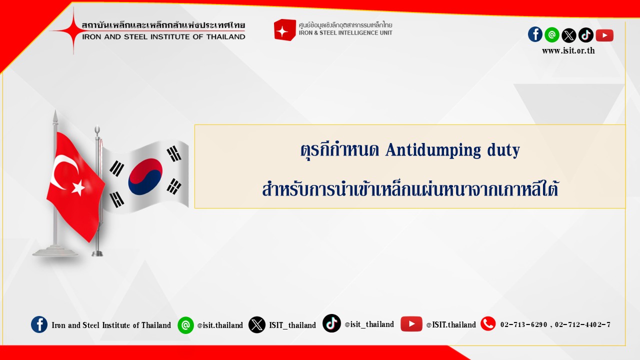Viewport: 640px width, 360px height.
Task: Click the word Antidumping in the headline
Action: click(x=433, y=150)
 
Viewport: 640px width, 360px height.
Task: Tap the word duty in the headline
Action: click(x=503, y=150)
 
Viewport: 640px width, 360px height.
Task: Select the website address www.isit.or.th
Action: click(x=568, y=51)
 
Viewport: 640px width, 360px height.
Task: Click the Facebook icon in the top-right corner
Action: click(x=535, y=34)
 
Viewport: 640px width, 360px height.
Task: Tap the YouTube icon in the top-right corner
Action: click(x=604, y=35)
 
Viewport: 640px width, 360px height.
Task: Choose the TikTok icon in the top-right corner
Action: click(x=585, y=35)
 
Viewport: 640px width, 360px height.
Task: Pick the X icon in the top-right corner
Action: click(x=569, y=35)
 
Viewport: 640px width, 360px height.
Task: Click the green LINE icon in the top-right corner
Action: click(x=552, y=35)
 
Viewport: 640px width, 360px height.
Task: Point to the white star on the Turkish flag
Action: click(x=78, y=187)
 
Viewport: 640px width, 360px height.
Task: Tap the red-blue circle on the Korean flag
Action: click(x=145, y=177)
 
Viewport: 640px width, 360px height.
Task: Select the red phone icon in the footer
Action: click(x=488, y=323)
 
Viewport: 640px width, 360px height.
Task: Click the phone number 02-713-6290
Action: click(x=523, y=324)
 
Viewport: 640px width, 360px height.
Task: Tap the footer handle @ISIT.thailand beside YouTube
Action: click(x=451, y=324)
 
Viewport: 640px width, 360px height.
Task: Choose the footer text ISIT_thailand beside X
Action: click(x=292, y=325)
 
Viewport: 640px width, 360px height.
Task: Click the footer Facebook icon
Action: click(x=39, y=324)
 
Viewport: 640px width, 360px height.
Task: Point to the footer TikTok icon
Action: click(x=331, y=323)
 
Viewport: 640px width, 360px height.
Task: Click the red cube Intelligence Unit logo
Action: click(x=284, y=29)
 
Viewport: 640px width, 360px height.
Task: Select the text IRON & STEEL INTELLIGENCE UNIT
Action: click(x=345, y=33)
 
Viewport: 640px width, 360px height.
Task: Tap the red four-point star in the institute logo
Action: click(x=73, y=30)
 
